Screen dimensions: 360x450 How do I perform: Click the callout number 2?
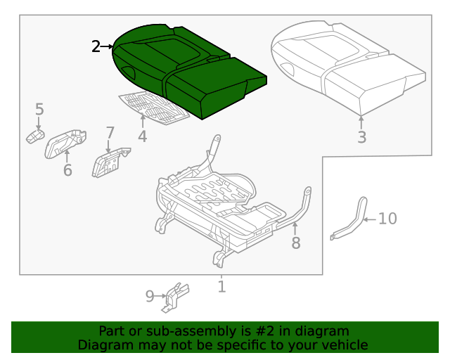point(96,47)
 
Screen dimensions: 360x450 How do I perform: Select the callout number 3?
point(361,137)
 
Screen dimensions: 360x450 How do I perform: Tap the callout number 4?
point(143,136)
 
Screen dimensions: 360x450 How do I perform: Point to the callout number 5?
point(39,109)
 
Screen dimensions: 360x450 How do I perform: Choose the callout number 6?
point(67,170)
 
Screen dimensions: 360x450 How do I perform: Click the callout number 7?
point(110,132)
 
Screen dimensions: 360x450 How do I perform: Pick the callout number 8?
point(296,243)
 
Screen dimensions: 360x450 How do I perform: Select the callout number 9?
point(150,297)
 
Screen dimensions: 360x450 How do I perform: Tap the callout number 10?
point(387,219)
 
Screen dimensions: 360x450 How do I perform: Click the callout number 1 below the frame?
point(221,286)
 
